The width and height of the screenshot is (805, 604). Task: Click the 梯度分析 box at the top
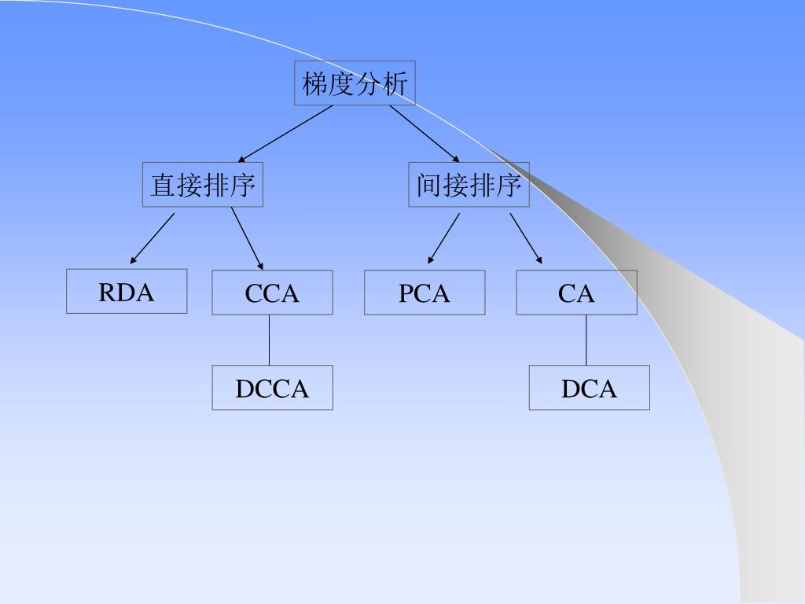coord(355,83)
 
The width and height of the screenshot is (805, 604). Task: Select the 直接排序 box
coord(202,185)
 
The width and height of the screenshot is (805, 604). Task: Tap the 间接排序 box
coord(469,185)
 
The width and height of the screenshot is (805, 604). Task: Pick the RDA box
coord(127,292)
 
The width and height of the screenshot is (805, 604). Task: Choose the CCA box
coord(272,293)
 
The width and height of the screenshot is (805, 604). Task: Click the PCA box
coord(425,293)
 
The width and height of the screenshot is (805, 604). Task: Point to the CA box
coord(576,293)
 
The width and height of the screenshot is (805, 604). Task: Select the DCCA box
coord(272,388)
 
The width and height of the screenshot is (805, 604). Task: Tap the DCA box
coord(589,388)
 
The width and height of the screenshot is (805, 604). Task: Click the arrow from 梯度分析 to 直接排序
coord(286,133)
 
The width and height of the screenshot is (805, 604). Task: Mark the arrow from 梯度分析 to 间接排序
coord(425,133)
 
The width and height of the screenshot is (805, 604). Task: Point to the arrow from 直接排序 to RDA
coord(153,238)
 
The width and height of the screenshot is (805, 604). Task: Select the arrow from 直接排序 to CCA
coord(247,238)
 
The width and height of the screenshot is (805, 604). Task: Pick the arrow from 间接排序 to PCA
coord(444,238)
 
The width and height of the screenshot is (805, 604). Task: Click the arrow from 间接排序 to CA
coord(525,238)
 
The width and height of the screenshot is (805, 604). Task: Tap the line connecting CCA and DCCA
coord(269,340)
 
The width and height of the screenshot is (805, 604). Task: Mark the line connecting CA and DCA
coord(586,340)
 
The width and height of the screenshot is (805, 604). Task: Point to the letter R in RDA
coord(106,293)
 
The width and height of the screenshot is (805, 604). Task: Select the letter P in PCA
coord(405,293)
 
